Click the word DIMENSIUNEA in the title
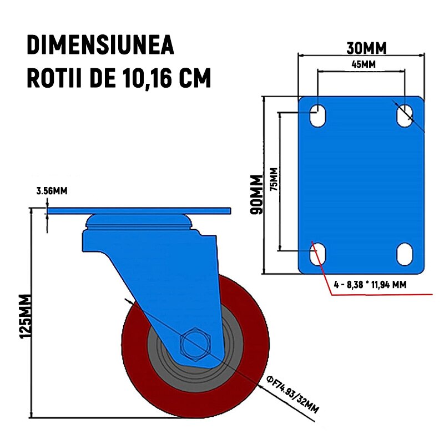coord(100,46)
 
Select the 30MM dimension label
coord(366,48)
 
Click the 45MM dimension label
coord(364,64)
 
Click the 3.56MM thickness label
coord(52,191)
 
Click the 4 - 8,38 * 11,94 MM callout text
coord(370,284)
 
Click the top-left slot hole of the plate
coord(317,115)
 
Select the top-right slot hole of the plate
coord(405,115)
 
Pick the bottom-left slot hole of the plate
coord(317,254)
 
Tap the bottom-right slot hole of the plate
coord(405,254)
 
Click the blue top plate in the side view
coord(139,211)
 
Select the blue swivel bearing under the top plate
coord(139,223)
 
